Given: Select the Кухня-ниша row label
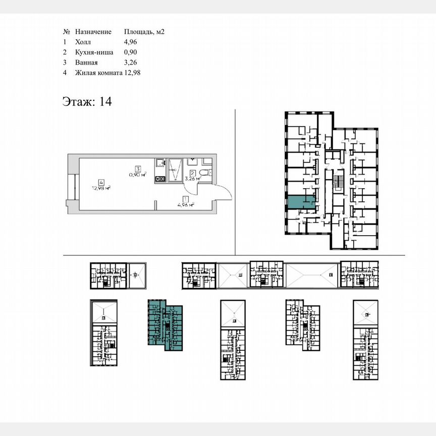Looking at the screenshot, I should click(93, 52).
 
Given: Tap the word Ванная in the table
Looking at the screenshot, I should click(87, 63).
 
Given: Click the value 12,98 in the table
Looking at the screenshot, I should click(132, 73).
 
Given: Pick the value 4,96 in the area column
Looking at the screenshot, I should click(130, 42).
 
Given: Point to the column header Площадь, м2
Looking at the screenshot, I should click(144, 31).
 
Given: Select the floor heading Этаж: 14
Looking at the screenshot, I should click(87, 101).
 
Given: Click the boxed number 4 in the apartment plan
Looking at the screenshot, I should click(101, 183).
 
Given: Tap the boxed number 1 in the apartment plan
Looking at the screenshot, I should click(186, 199).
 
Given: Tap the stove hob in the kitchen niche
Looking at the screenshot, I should click(160, 179).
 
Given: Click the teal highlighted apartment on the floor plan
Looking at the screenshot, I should click(300, 202).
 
